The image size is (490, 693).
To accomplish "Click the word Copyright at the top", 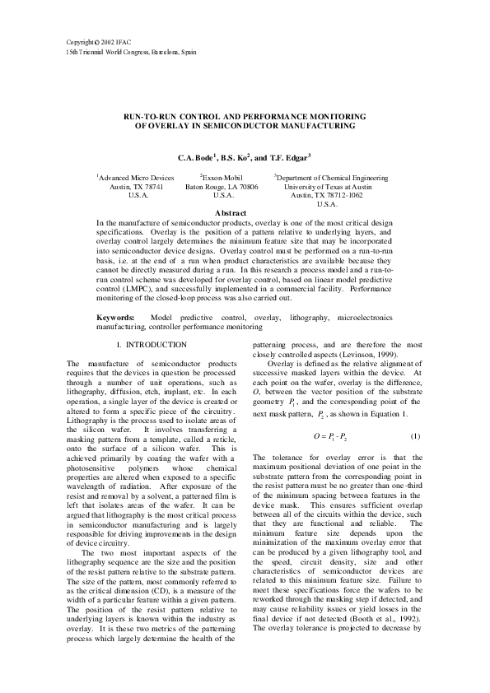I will tap(80, 41).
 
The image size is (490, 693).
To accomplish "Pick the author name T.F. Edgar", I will tap(288, 156).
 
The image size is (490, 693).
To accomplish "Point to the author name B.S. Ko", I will tap(239, 156).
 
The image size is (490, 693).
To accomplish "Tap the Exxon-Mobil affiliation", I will tap(222, 177).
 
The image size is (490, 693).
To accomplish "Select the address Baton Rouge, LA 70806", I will tap(222, 187).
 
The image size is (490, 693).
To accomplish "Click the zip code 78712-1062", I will tap(343, 196).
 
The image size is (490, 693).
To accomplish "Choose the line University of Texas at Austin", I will tap(328, 187).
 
